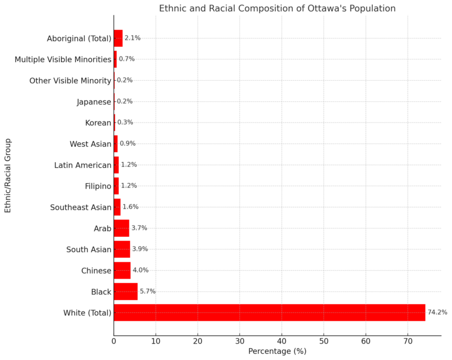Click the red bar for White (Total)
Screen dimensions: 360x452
269,313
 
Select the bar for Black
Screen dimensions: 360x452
125,292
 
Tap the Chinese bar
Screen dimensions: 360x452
122,270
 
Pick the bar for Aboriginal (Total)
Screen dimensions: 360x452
118,38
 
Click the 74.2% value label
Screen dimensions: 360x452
436,313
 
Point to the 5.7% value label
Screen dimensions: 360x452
147,292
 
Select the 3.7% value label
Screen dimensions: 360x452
139,228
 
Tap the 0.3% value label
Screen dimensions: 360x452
125,123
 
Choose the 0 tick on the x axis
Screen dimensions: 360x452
114,341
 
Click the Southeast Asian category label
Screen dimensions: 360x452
81,207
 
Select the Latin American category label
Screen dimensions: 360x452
83,165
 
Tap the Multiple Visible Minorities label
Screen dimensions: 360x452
63,59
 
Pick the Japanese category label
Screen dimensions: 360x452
94,102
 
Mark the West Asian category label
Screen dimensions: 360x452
90,144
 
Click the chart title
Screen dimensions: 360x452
277,8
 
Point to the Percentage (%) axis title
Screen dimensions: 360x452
277,352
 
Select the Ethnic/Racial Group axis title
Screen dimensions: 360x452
8,175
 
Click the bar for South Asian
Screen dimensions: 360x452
121,249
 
